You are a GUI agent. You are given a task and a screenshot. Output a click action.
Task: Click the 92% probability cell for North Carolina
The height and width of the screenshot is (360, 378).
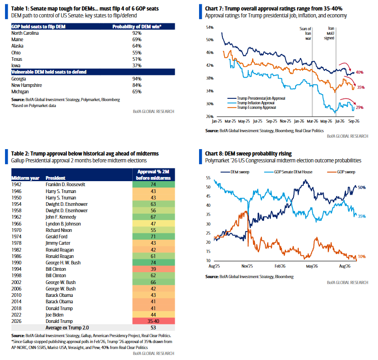tap(137, 33)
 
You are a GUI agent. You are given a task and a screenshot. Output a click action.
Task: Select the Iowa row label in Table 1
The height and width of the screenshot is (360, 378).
tap(16, 65)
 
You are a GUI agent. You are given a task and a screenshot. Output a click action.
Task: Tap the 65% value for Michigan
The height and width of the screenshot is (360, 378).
tap(137, 91)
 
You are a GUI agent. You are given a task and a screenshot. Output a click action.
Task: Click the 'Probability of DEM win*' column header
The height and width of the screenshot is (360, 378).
tap(137, 27)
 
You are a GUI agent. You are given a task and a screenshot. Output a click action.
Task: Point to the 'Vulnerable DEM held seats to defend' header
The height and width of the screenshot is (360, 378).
tap(49, 72)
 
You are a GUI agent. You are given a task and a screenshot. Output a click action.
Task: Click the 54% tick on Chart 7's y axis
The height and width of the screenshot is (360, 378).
tap(210, 27)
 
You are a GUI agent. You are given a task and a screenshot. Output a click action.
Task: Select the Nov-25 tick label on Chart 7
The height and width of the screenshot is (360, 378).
tap(285, 121)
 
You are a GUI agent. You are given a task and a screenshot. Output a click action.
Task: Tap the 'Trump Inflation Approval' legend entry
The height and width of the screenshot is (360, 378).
tap(255, 103)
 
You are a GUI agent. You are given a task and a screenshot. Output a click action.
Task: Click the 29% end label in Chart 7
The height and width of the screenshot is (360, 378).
tap(359, 107)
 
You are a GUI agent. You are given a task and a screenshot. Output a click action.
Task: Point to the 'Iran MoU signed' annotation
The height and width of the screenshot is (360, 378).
tap(329, 33)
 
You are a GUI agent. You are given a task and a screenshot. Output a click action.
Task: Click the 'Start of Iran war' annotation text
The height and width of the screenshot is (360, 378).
tap(305, 33)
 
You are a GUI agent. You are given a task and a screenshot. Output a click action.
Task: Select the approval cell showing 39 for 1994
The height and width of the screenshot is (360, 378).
tap(153, 269)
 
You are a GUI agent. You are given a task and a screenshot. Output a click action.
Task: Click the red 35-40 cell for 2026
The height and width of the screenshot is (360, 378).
tap(153, 321)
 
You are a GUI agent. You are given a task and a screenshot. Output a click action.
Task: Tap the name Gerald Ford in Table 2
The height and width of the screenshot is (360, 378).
tap(57, 236)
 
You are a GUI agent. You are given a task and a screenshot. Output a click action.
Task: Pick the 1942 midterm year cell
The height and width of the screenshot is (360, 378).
tap(16, 184)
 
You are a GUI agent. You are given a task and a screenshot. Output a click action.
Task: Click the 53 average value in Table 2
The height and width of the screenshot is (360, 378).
tap(153, 328)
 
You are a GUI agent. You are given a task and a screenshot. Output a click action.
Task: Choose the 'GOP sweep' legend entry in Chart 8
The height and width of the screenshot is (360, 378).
tap(341, 172)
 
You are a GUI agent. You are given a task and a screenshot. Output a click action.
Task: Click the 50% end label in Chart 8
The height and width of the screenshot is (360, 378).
tap(362, 187)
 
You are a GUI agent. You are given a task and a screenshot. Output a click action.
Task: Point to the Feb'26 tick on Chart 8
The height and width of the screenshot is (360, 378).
tap(280, 266)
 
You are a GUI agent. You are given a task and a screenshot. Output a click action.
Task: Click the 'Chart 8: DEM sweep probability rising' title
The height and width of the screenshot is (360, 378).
tap(248, 154)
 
